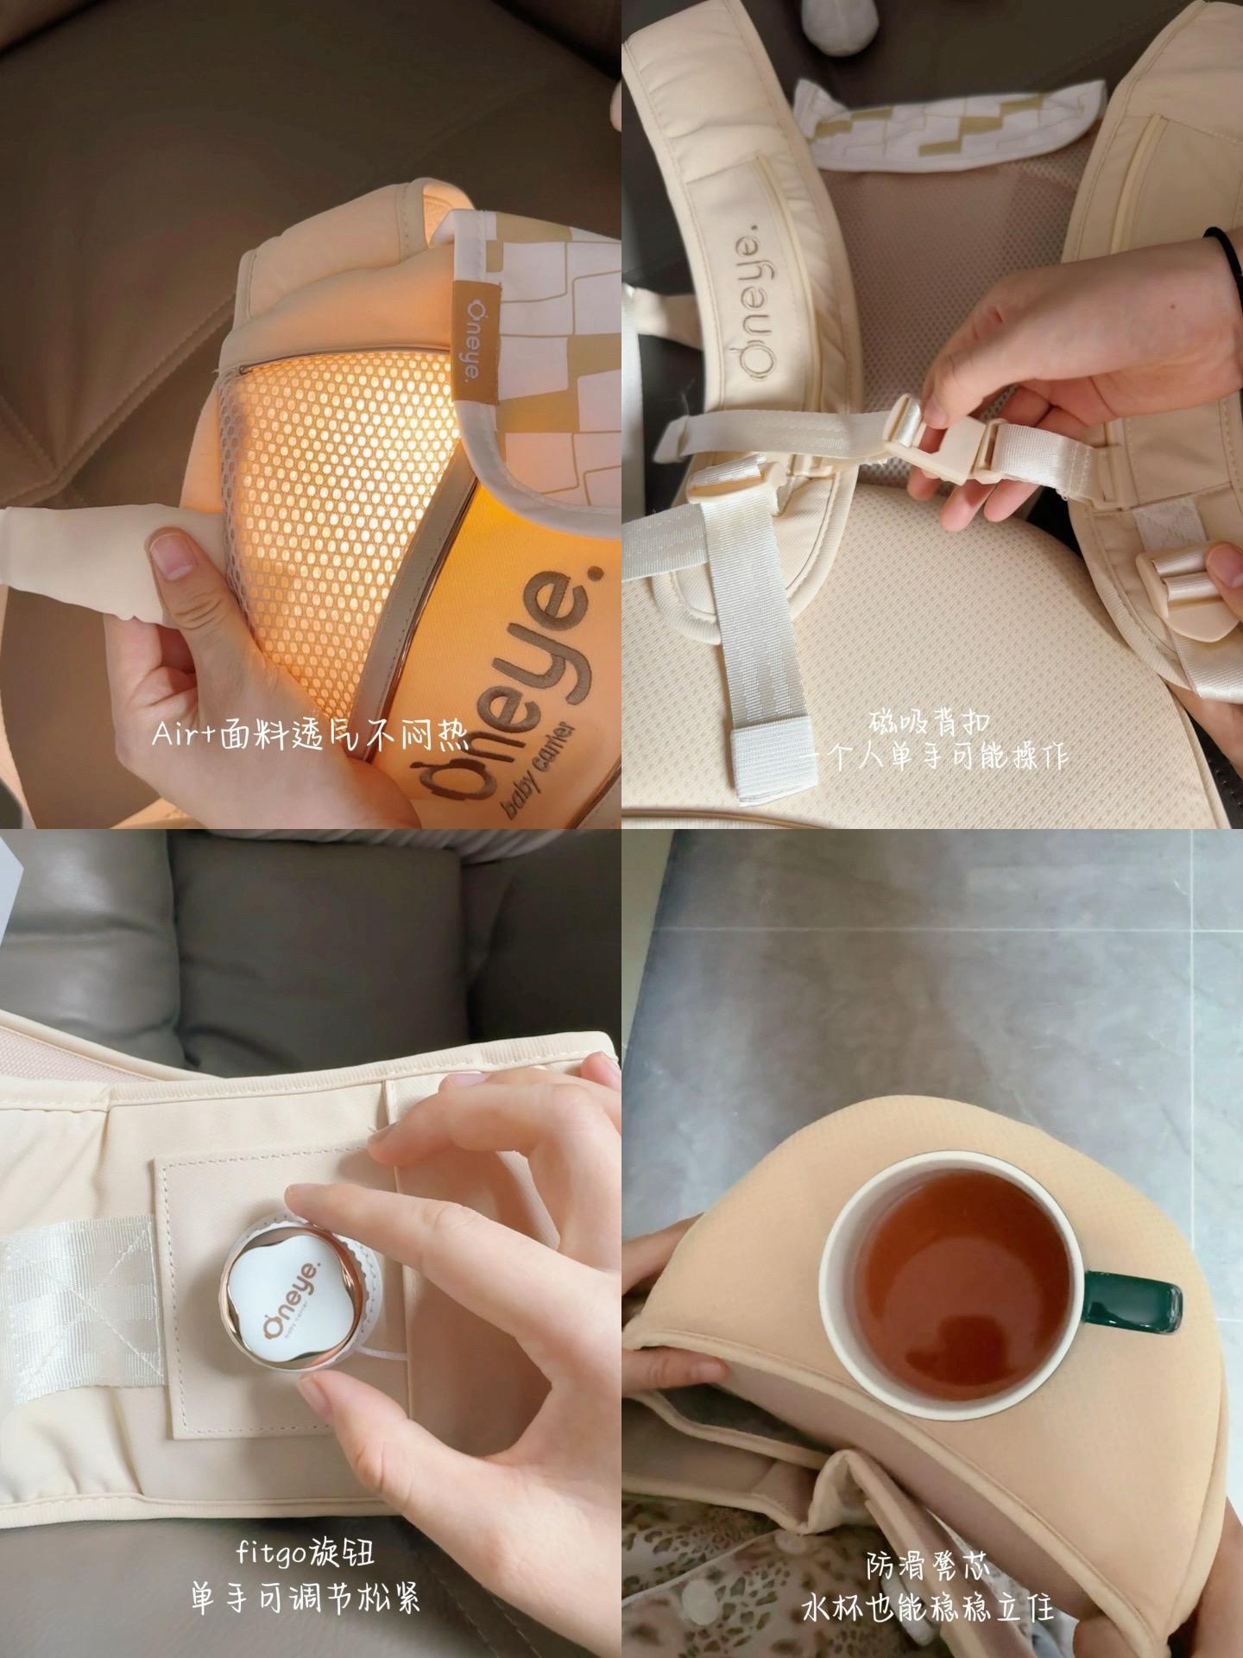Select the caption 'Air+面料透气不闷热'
click(x=310, y=736)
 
